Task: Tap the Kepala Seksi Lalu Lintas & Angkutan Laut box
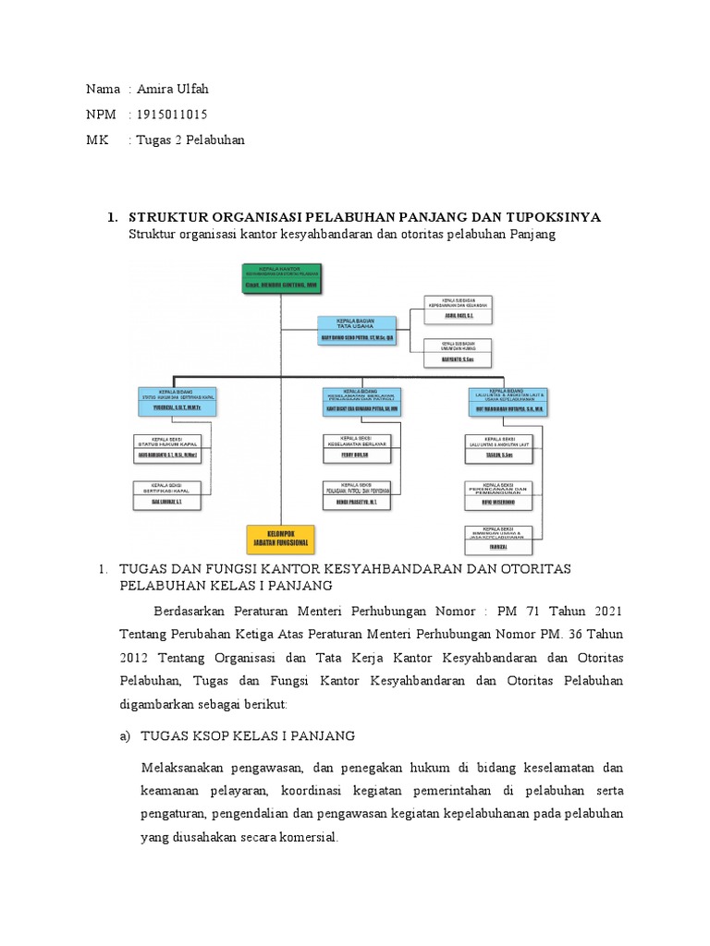coord(501,447)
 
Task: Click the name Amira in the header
coord(155,90)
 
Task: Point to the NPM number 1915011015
coord(172,115)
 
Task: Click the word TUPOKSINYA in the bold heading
coord(545,217)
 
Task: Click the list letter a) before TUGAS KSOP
coord(127,735)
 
